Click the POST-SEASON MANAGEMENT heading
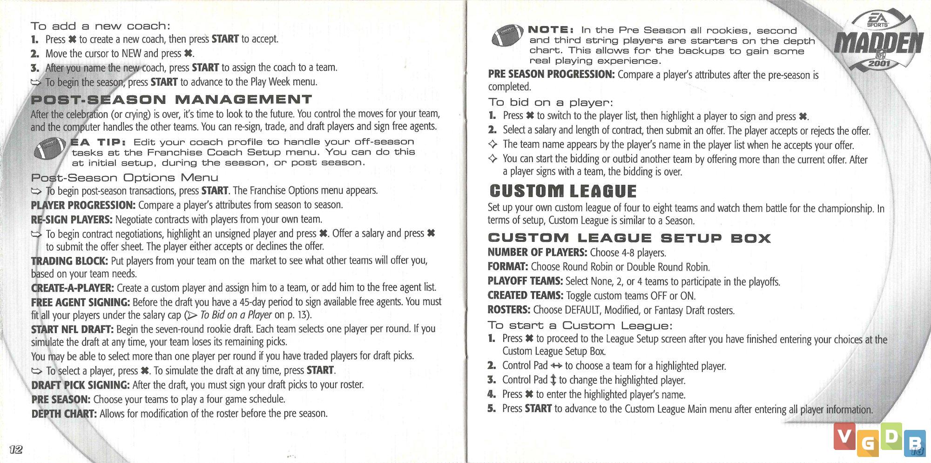[x=171, y=99]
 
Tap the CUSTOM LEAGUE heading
[x=563, y=191]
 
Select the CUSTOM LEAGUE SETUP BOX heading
[x=629, y=238]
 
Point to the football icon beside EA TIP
[x=50, y=149]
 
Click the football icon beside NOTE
[x=507, y=35]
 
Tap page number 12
[x=16, y=449]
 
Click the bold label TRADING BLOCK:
[x=69, y=261]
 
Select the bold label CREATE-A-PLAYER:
[x=72, y=288]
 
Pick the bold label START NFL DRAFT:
[x=72, y=329]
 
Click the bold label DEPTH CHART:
[x=64, y=414]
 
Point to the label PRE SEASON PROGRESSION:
[x=551, y=74]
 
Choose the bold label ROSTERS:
[x=509, y=310]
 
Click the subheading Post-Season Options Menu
[x=124, y=177]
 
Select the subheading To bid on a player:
[x=550, y=102]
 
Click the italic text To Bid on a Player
[x=236, y=315]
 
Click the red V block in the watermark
[x=844, y=436]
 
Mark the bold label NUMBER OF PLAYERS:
[x=537, y=252]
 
